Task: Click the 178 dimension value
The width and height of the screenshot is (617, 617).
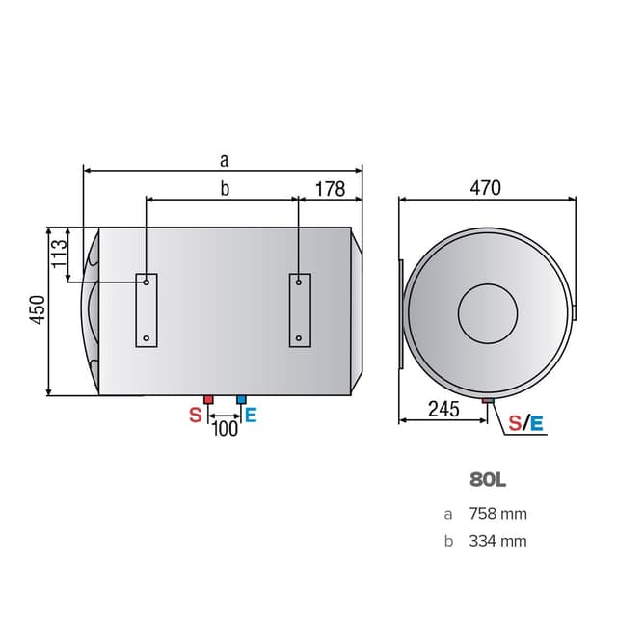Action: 330,189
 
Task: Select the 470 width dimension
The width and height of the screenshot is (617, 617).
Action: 485,188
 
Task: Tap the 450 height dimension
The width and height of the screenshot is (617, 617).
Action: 37,310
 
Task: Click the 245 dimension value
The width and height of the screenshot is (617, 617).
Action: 443,409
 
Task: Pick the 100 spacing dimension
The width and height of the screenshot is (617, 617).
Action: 225,428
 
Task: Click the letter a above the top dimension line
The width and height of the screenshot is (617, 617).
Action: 224,159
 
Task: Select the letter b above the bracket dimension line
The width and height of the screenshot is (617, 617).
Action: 224,189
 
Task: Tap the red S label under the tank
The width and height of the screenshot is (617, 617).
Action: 195,416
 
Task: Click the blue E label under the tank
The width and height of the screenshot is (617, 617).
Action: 251,416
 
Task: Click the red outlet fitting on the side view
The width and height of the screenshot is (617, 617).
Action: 208,398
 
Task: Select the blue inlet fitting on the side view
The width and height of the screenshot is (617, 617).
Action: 241,398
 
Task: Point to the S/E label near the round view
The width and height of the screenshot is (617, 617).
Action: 525,422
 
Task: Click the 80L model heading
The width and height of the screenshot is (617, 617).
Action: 488,478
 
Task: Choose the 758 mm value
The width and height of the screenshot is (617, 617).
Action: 498,514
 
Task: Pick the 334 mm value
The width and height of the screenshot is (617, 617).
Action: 498,541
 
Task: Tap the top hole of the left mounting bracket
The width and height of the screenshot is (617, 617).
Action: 146,282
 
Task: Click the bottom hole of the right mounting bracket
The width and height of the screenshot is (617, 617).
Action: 299,338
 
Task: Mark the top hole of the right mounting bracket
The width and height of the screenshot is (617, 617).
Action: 299,282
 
